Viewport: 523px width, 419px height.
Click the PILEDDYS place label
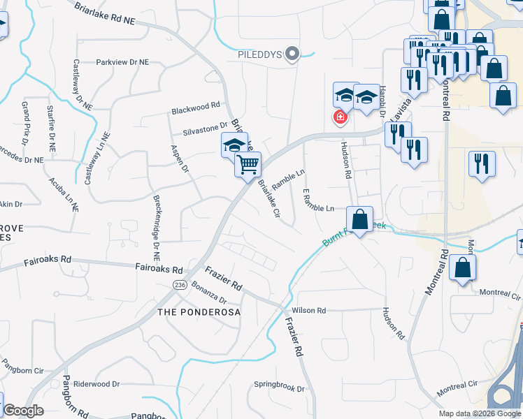click(x=259, y=54)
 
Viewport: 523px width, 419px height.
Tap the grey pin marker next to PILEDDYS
click(x=294, y=53)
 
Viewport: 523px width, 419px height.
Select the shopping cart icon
click(x=248, y=166)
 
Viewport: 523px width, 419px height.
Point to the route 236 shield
click(x=178, y=285)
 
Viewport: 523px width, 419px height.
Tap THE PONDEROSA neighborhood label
click(x=199, y=312)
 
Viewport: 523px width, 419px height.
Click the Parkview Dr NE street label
click(x=123, y=62)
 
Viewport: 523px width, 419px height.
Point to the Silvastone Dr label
click(x=206, y=128)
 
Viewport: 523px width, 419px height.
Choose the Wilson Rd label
click(x=309, y=310)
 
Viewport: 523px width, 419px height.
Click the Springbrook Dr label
click(x=280, y=388)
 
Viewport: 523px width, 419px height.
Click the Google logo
click(x=24, y=411)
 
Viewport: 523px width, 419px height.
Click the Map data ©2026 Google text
click(x=480, y=413)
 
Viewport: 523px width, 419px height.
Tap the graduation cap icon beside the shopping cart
click(x=235, y=145)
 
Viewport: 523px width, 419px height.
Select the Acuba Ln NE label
click(x=64, y=194)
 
